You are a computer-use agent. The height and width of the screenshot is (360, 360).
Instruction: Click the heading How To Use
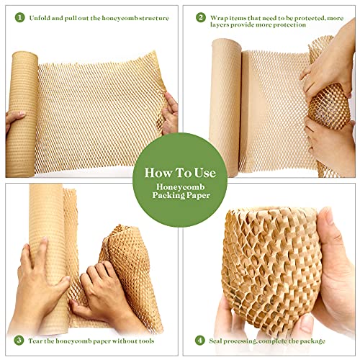pos(180,173)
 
